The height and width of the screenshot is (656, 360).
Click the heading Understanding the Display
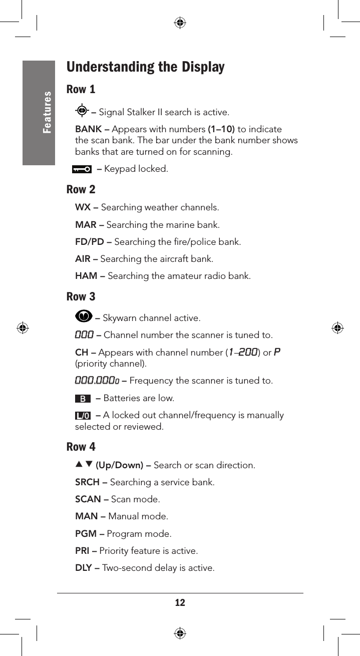point(145,67)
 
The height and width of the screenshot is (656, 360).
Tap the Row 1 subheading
point(81,90)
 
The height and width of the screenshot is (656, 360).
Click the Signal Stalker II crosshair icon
point(82,111)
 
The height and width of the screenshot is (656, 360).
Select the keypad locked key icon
point(82,169)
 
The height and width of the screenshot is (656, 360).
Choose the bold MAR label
point(86,225)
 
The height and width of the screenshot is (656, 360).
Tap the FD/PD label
point(90,242)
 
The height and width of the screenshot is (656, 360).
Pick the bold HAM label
point(87,276)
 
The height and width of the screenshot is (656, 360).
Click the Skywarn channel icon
point(84,317)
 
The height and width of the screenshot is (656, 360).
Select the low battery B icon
point(83,399)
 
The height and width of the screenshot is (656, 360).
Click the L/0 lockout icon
point(83,416)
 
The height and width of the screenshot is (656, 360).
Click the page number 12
point(180,602)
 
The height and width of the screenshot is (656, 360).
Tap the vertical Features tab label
point(47,112)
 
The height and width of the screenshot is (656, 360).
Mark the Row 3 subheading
point(81,296)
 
